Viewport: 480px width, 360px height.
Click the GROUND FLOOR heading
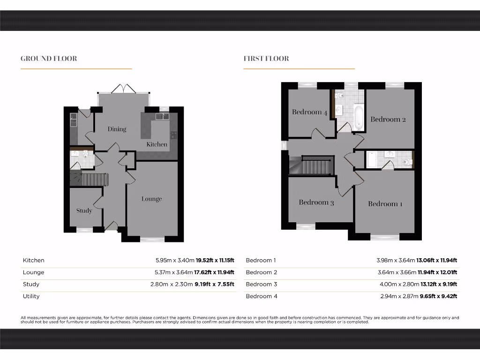[x=49, y=59]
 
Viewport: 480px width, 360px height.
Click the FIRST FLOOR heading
[x=266, y=59]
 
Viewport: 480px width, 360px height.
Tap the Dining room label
[x=117, y=129]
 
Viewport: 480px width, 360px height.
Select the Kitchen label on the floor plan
[x=157, y=144]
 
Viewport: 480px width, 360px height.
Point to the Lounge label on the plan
[x=152, y=199]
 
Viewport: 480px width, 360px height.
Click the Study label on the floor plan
[x=84, y=210]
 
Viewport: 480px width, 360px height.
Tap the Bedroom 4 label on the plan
[x=310, y=112]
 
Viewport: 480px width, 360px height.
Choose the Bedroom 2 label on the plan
[x=388, y=119]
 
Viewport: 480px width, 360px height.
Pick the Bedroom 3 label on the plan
[x=316, y=202]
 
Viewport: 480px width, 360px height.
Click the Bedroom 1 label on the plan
[x=385, y=204]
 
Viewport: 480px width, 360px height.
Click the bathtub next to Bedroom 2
[x=359, y=117]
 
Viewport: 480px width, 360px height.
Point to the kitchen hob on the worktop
[x=173, y=135]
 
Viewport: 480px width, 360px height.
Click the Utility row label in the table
[x=31, y=296]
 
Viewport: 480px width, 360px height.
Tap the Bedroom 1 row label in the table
[x=261, y=260]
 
